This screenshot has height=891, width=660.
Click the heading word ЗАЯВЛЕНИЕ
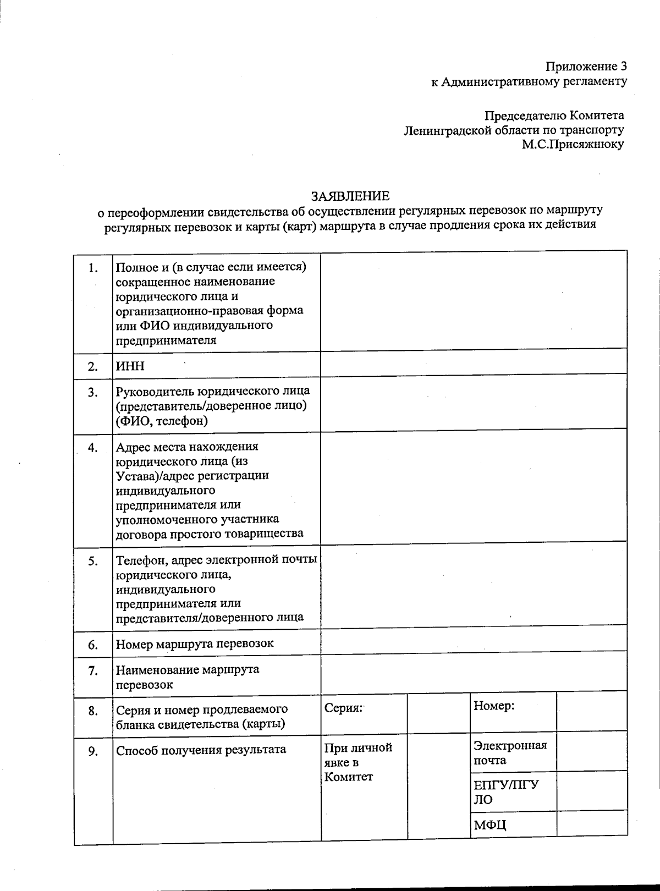(350, 196)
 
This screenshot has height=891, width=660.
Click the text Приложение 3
(586, 67)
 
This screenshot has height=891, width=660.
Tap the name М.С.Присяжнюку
(573, 145)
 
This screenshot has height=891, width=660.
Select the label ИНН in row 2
(130, 366)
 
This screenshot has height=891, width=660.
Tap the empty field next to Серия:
(438, 713)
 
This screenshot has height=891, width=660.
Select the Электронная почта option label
(510, 752)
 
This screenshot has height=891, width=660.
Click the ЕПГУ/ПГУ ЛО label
(506, 791)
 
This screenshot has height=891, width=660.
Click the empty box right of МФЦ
(591, 824)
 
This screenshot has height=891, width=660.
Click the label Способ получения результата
(201, 750)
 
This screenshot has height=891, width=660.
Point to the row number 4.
(93, 448)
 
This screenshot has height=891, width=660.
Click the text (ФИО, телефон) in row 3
(162, 421)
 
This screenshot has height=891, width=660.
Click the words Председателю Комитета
(554, 116)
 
